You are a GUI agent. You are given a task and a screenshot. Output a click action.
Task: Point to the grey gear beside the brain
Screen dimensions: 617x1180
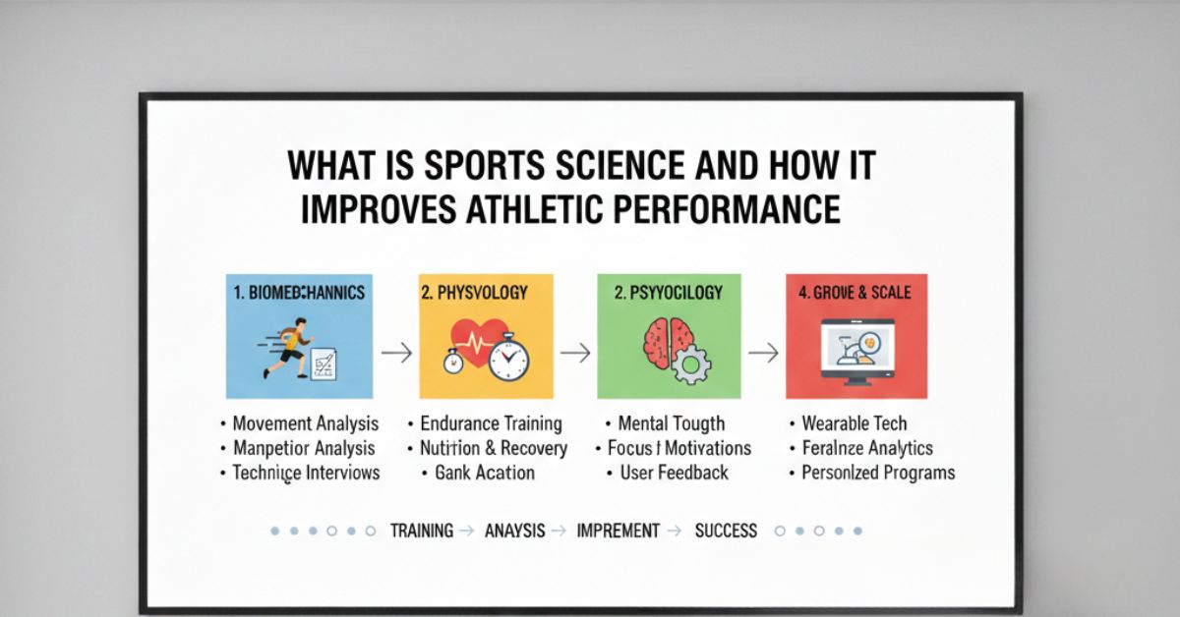click(691, 365)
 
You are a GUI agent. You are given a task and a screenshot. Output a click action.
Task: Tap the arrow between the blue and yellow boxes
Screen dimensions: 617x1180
click(397, 353)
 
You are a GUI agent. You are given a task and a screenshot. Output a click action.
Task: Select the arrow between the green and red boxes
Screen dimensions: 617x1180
click(763, 353)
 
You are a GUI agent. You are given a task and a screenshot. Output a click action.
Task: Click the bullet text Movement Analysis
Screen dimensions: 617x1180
click(305, 424)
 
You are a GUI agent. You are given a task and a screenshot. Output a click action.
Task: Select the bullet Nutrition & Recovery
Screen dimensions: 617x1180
click(494, 448)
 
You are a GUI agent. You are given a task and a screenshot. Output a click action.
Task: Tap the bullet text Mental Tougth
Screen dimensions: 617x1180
click(672, 424)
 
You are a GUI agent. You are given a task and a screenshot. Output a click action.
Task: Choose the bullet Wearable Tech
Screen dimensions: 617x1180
click(855, 424)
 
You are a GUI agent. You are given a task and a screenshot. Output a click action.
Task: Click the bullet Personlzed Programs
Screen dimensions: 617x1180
click(878, 473)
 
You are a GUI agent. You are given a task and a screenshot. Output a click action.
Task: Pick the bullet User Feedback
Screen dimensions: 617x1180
click(674, 473)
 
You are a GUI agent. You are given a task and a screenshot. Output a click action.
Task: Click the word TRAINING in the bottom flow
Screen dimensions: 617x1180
click(422, 531)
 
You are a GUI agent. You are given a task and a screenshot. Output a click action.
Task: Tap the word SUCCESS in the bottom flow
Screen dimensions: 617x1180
click(726, 531)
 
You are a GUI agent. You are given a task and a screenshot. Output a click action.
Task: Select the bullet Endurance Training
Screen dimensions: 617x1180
click(491, 424)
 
